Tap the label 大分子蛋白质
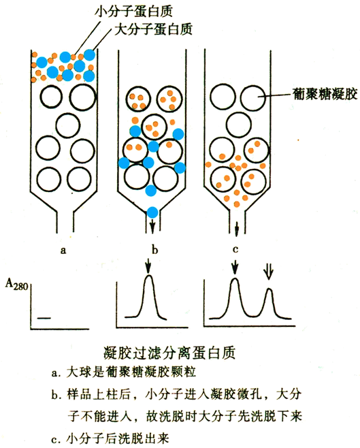(x=153, y=29)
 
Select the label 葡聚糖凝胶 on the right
(x=325, y=93)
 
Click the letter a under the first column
(x=63, y=251)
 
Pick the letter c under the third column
(x=235, y=249)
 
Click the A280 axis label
(x=17, y=285)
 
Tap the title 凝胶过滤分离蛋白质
(x=169, y=353)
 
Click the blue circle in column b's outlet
(x=152, y=212)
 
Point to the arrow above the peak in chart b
(x=148, y=266)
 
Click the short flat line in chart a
(x=44, y=317)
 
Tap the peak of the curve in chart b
(x=149, y=276)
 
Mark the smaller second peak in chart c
(x=269, y=289)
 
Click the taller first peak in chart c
(x=235, y=278)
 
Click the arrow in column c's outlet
(x=236, y=229)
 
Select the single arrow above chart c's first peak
(x=235, y=267)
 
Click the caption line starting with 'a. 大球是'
(x=124, y=372)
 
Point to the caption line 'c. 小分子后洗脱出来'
(x=110, y=438)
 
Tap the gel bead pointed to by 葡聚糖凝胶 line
(x=253, y=98)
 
